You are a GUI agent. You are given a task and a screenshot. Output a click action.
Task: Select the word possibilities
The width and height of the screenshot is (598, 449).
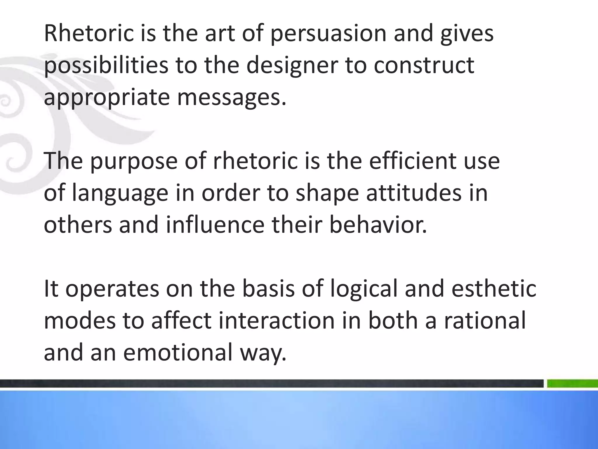pos(106,66)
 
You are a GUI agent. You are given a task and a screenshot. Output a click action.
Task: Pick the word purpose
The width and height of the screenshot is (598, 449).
pos(134,162)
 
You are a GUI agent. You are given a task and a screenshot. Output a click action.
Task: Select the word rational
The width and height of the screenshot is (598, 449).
pos(485,321)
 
